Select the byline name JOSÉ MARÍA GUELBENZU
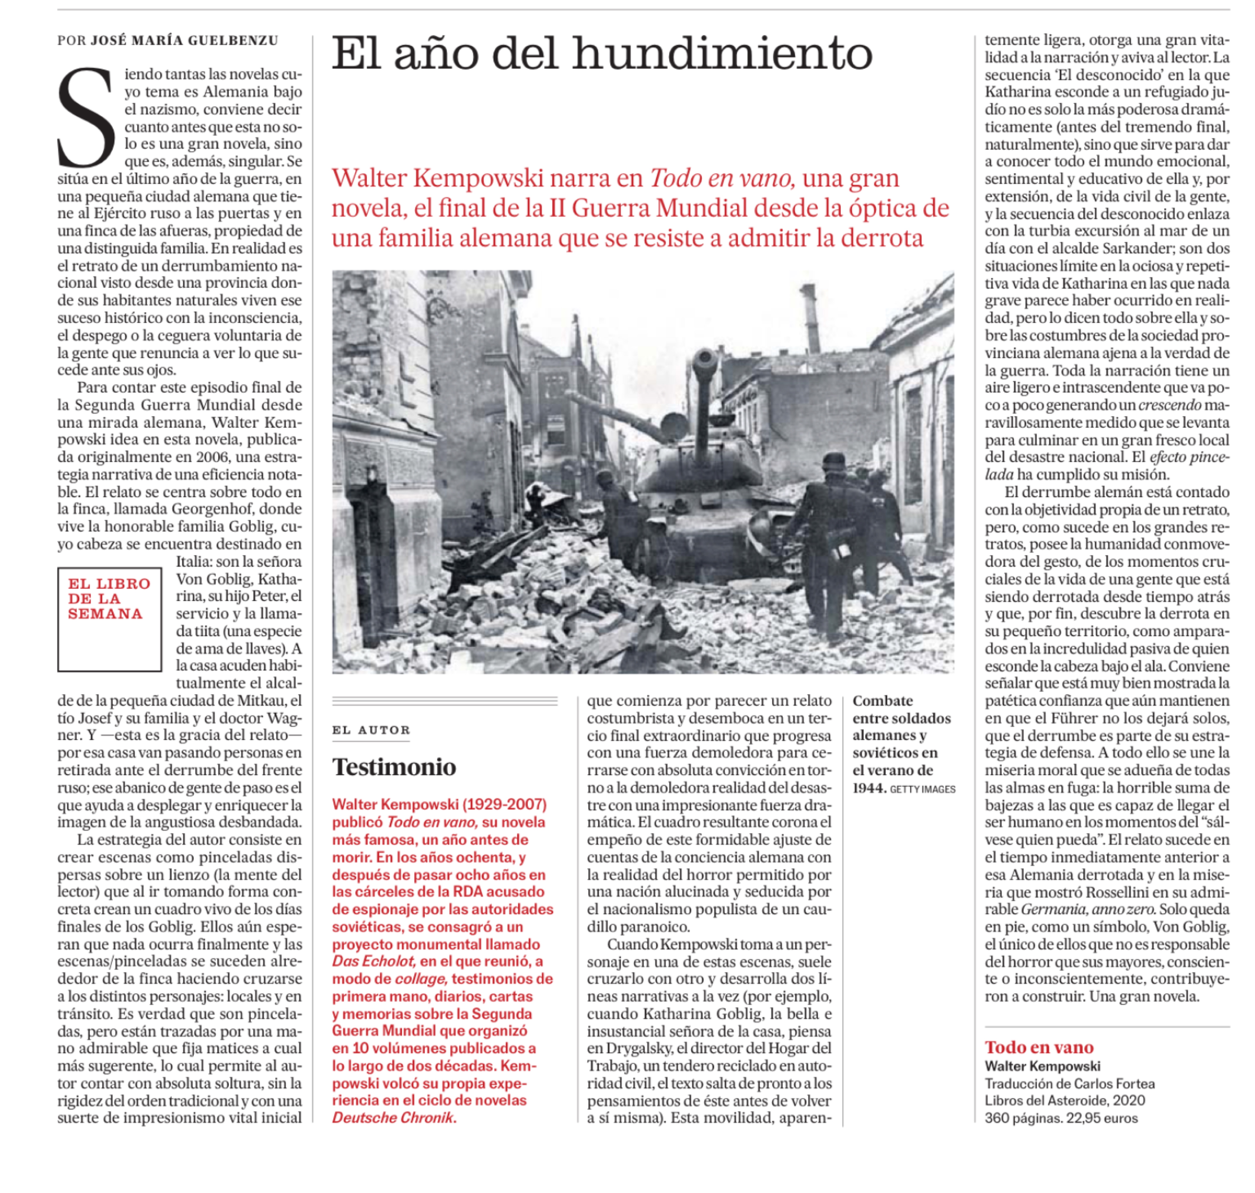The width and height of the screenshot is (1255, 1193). click(x=184, y=41)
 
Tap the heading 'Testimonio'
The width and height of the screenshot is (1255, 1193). click(x=394, y=767)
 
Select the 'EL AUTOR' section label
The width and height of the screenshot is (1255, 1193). click(x=371, y=730)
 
